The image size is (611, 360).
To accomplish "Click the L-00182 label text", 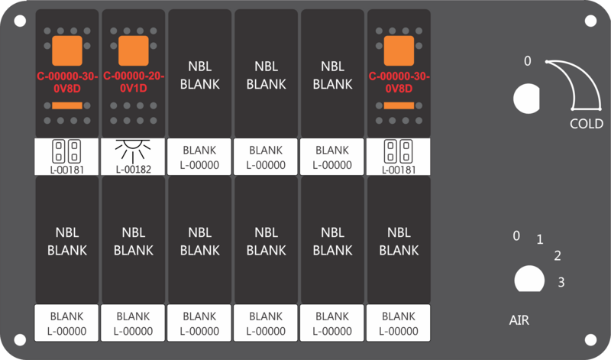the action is click(133, 169).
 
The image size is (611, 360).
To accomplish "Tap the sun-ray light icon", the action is click(133, 151).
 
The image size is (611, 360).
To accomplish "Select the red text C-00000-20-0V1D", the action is click(134, 82).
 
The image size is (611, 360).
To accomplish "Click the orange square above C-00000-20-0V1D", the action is click(133, 50).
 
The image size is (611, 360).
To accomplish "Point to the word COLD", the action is click(587, 124).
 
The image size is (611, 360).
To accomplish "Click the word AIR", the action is click(519, 320).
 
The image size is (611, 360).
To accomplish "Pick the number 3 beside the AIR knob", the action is click(561, 282).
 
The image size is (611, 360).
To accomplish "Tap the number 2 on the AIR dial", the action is click(558, 255).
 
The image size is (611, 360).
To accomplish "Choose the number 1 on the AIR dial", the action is click(540, 239).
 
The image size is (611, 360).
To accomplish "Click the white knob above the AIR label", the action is click(529, 279).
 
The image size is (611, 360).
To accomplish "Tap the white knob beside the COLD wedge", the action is click(526, 99).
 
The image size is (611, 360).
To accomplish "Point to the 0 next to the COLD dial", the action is click(527, 61).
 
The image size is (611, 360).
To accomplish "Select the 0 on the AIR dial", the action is click(516, 235).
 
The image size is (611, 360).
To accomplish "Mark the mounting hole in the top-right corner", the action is click(590, 21).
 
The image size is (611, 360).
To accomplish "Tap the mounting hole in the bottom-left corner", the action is click(20, 339).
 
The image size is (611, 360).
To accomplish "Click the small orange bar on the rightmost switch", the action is click(399, 105).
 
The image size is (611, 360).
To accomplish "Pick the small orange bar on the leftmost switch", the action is click(67, 105).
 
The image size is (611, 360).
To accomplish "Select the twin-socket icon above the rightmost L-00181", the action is click(398, 151).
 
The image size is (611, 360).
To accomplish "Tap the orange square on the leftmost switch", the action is click(67, 50).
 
